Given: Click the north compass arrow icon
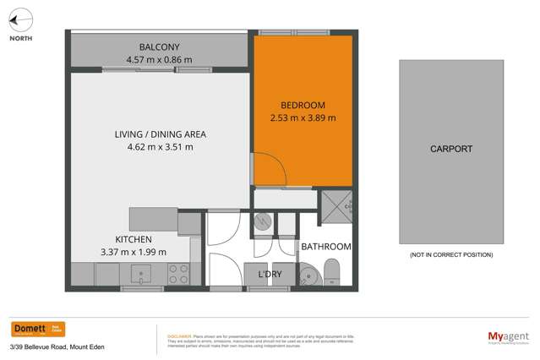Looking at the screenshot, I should [21, 19].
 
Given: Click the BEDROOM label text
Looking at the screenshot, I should [303, 105].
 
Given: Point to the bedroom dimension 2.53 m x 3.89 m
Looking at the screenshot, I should [303, 118].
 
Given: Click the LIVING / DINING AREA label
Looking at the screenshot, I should [161, 134].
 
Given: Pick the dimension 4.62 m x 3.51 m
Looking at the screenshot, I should [161, 147].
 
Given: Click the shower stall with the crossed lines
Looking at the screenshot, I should [335, 204].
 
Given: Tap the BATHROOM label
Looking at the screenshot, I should [326, 247].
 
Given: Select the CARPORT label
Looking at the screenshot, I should [450, 149].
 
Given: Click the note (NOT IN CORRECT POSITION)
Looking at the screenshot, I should [450, 254].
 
